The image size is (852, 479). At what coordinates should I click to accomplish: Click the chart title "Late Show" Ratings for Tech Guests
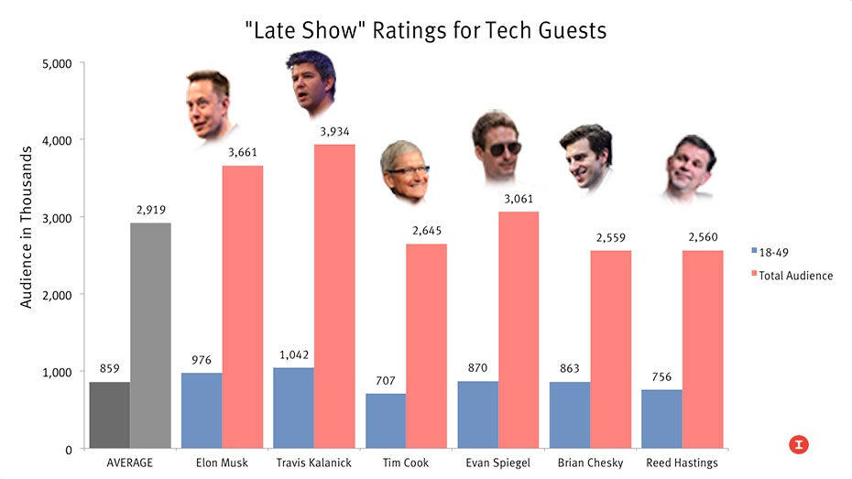click(x=425, y=29)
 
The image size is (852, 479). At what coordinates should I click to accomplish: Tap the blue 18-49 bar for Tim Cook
click(x=386, y=421)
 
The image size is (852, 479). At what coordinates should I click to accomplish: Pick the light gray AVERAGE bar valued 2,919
click(x=150, y=335)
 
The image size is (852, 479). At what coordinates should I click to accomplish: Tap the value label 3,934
click(x=334, y=132)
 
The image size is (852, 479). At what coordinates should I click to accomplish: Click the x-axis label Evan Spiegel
click(x=497, y=463)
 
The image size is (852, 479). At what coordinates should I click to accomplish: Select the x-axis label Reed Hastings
click(x=682, y=463)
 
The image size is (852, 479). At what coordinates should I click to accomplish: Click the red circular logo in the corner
click(x=799, y=444)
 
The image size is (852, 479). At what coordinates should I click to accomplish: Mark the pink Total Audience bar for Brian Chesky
click(x=610, y=349)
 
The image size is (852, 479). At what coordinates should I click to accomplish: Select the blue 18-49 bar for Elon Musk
click(x=202, y=410)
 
